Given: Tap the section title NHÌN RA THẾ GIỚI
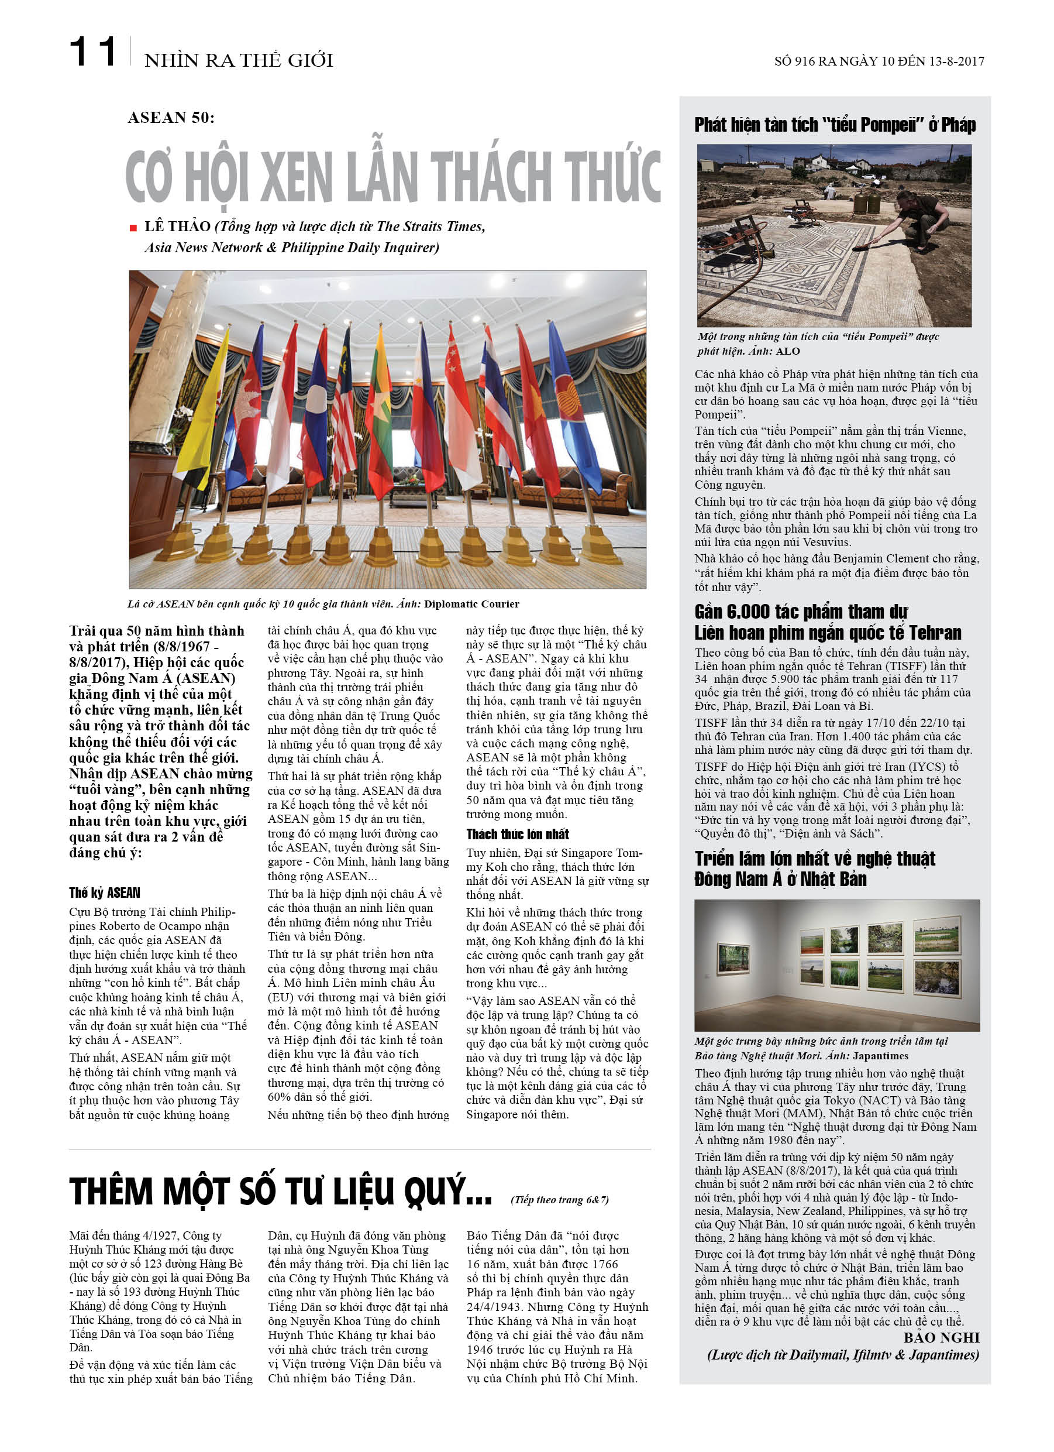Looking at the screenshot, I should [x=238, y=60].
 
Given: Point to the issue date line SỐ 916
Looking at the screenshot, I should [x=878, y=61].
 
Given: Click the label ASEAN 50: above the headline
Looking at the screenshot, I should [x=171, y=118].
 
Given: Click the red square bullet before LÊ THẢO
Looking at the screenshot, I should [x=133, y=228].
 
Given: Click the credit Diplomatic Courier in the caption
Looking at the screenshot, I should [x=471, y=604].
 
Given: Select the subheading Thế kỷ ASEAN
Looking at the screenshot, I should [x=104, y=893].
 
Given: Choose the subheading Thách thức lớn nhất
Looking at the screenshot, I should [x=517, y=833].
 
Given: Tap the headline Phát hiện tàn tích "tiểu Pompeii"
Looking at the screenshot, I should [x=835, y=125].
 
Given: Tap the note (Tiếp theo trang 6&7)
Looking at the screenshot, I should [x=559, y=1200].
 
